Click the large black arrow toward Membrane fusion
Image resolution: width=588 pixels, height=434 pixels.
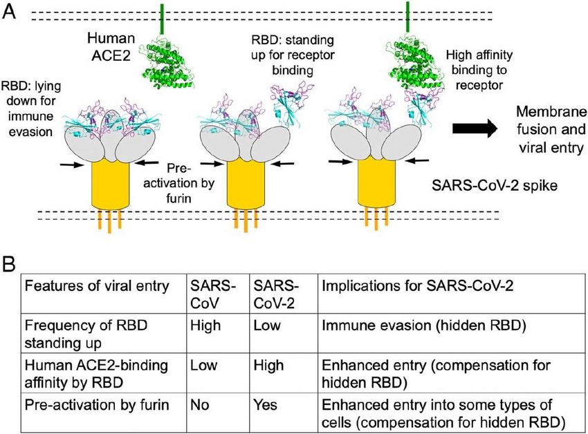tap(475, 129)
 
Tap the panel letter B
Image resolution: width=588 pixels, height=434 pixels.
tap(8, 264)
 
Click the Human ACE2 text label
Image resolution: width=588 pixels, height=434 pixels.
tap(111, 46)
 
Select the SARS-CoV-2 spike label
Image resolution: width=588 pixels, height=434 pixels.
tap(494, 185)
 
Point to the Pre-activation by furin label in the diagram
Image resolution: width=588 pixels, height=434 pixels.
tap(179, 183)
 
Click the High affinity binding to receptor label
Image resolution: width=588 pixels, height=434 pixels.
tap(479, 70)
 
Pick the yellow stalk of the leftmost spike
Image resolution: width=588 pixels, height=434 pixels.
tap(111, 184)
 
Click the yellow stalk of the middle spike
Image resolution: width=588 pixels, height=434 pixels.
tap(246, 184)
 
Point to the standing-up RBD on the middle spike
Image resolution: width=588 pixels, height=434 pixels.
tap(292, 104)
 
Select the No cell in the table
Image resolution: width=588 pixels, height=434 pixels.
tap(199, 405)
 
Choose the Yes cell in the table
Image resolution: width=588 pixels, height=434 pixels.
tap(265, 405)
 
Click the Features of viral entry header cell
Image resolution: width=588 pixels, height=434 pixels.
tap(97, 286)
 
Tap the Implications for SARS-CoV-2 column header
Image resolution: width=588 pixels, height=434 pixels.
tap(417, 286)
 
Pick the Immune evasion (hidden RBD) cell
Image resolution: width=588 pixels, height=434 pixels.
tap(424, 325)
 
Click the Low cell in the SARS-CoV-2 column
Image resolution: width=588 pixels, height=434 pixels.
tap(266, 325)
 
